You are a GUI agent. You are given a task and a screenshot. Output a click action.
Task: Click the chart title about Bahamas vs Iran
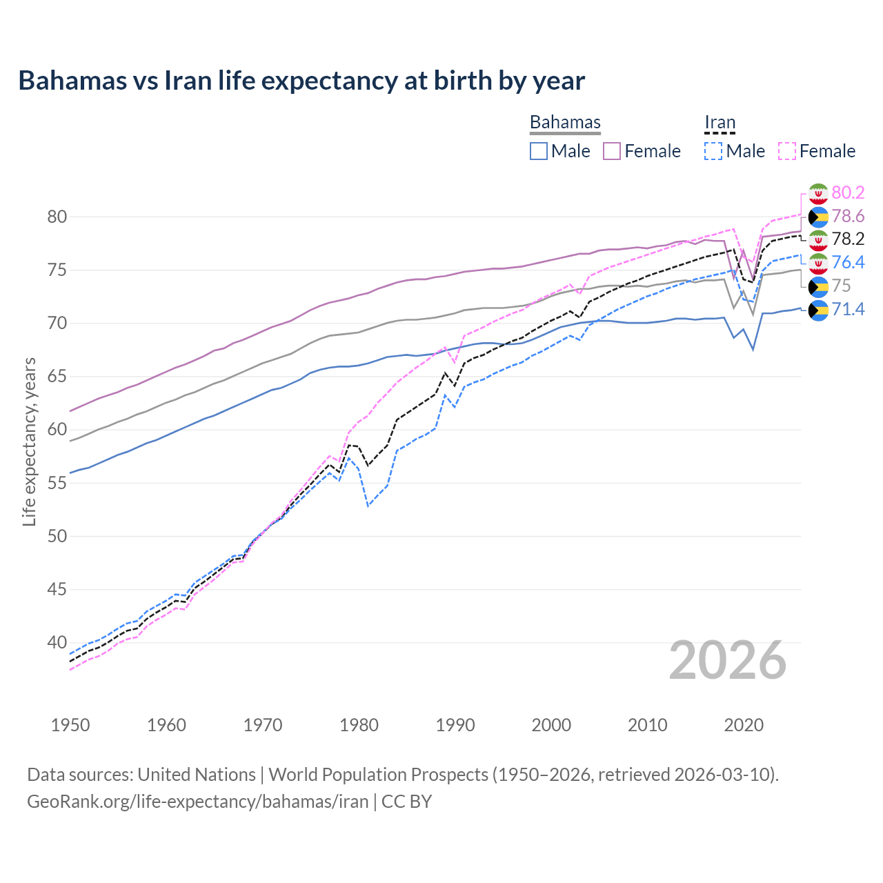[x=301, y=81]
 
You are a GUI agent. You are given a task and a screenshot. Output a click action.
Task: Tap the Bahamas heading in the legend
[x=565, y=122]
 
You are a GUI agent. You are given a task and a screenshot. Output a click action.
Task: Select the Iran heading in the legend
[x=720, y=122]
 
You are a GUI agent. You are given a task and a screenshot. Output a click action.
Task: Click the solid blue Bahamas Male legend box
[x=539, y=151]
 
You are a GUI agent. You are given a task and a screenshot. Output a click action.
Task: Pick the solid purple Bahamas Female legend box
[x=613, y=151]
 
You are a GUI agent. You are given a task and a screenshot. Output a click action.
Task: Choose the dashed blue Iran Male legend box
[x=713, y=151]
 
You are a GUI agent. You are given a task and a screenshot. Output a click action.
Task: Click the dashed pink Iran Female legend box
[x=787, y=151]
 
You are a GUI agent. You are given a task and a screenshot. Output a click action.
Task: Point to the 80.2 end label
[x=848, y=192]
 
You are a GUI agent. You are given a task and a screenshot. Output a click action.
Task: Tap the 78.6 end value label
[x=848, y=216]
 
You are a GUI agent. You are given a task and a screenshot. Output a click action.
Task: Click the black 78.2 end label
[x=848, y=239]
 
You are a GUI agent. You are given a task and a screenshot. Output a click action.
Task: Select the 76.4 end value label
[x=848, y=262]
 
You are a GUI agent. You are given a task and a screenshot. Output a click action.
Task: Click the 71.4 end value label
[x=848, y=309]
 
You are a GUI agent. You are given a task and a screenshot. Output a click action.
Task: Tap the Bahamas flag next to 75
[x=818, y=286]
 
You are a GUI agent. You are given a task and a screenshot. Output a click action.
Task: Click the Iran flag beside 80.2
[x=818, y=193]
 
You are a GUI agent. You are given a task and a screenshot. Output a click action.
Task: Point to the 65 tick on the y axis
[x=57, y=377]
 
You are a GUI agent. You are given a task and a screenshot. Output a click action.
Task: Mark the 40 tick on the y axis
[x=57, y=642]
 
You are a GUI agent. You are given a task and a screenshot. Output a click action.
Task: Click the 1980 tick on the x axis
[x=359, y=725]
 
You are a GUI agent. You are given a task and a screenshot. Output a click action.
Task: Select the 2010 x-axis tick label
[x=647, y=725]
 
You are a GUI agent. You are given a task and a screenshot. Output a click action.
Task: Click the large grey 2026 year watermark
[x=728, y=660]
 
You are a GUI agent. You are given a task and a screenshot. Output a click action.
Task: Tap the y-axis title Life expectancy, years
[x=29, y=441]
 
